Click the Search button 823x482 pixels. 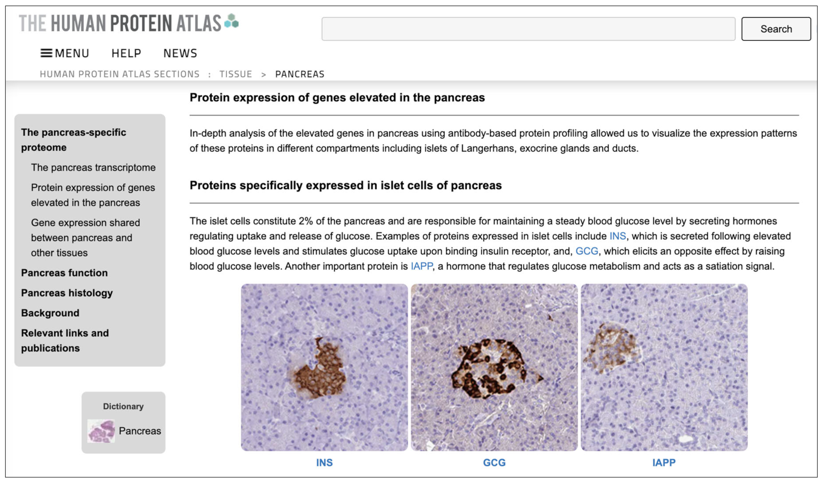[x=776, y=29]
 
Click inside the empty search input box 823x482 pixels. [x=528, y=29]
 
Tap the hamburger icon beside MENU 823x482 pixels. [x=46, y=53]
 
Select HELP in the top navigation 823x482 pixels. [x=126, y=53]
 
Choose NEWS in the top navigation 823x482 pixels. [x=180, y=53]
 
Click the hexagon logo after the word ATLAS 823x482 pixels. [x=232, y=21]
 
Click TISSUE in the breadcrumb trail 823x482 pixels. [x=235, y=74]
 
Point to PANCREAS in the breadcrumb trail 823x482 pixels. [x=300, y=74]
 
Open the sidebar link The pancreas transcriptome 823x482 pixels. [x=93, y=167]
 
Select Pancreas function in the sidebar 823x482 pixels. [x=64, y=273]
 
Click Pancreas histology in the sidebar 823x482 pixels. [x=67, y=293]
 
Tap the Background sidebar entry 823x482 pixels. [x=50, y=313]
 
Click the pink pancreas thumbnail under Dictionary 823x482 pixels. [x=101, y=431]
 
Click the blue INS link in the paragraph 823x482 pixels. [x=618, y=236]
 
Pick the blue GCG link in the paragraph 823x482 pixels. [x=587, y=251]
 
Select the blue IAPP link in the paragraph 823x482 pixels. [x=422, y=266]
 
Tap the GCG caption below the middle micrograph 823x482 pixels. [x=494, y=462]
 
